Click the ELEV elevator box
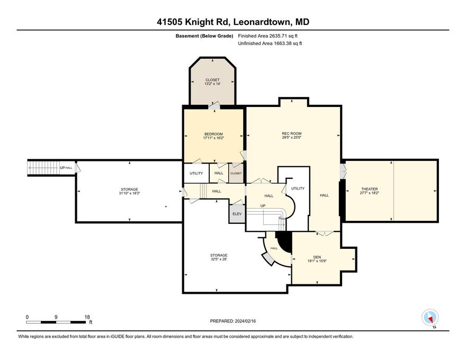pos(237,214)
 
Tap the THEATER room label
pos(370,189)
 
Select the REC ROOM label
pos(292,133)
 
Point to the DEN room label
pos(317,257)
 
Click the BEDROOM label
pos(213,134)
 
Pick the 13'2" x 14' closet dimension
pos(212,84)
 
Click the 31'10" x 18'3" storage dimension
pos(129,193)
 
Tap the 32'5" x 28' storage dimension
pos(219,259)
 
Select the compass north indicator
pos(430,318)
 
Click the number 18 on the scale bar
pos(87,317)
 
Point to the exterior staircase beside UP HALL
pos(43,168)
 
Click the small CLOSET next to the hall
pos(236,173)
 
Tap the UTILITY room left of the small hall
pos(196,173)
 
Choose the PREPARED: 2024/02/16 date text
pos(232,321)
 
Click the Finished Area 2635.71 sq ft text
pos(268,36)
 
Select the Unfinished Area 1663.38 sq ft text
pos(270,43)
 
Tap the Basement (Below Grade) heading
pos(204,36)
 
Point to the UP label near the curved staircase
pos(263,206)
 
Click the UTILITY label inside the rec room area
pos(298,188)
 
